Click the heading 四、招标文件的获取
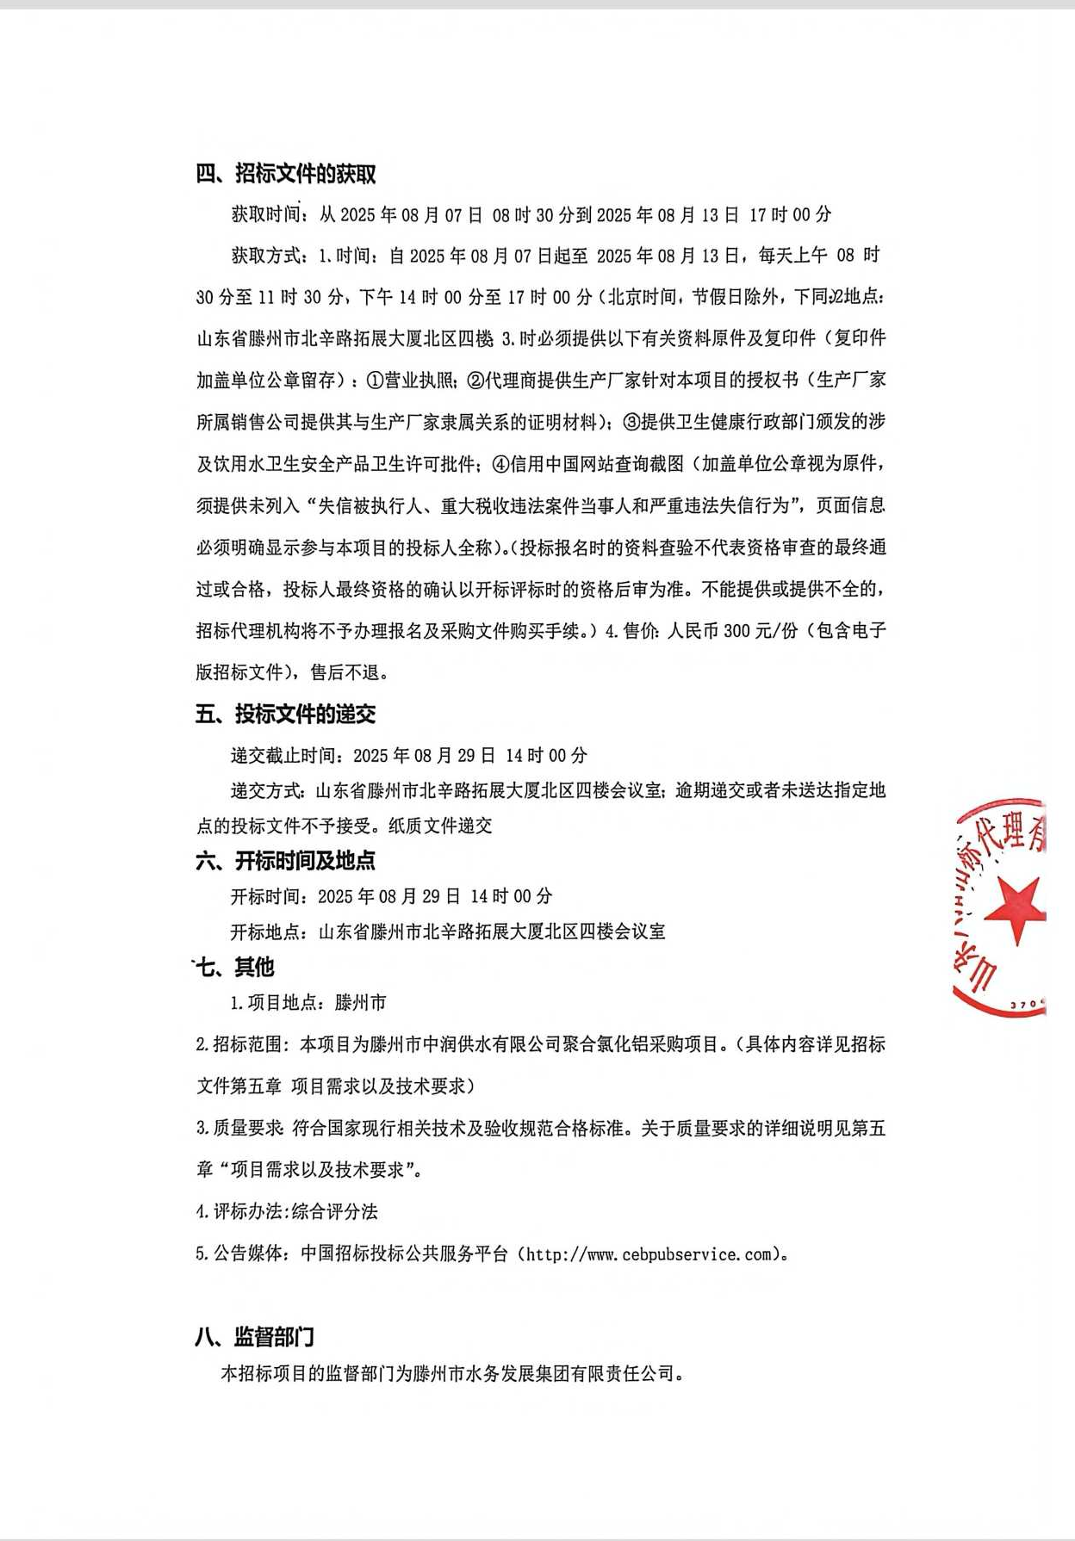click(x=286, y=174)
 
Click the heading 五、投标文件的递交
click(x=286, y=714)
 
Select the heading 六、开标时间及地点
click(x=286, y=860)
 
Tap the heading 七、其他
click(x=235, y=967)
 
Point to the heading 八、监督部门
click(x=255, y=1337)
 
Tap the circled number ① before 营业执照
click(x=375, y=380)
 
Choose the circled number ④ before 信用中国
click(x=500, y=464)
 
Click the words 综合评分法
click(x=335, y=1212)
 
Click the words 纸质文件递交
click(x=440, y=826)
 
